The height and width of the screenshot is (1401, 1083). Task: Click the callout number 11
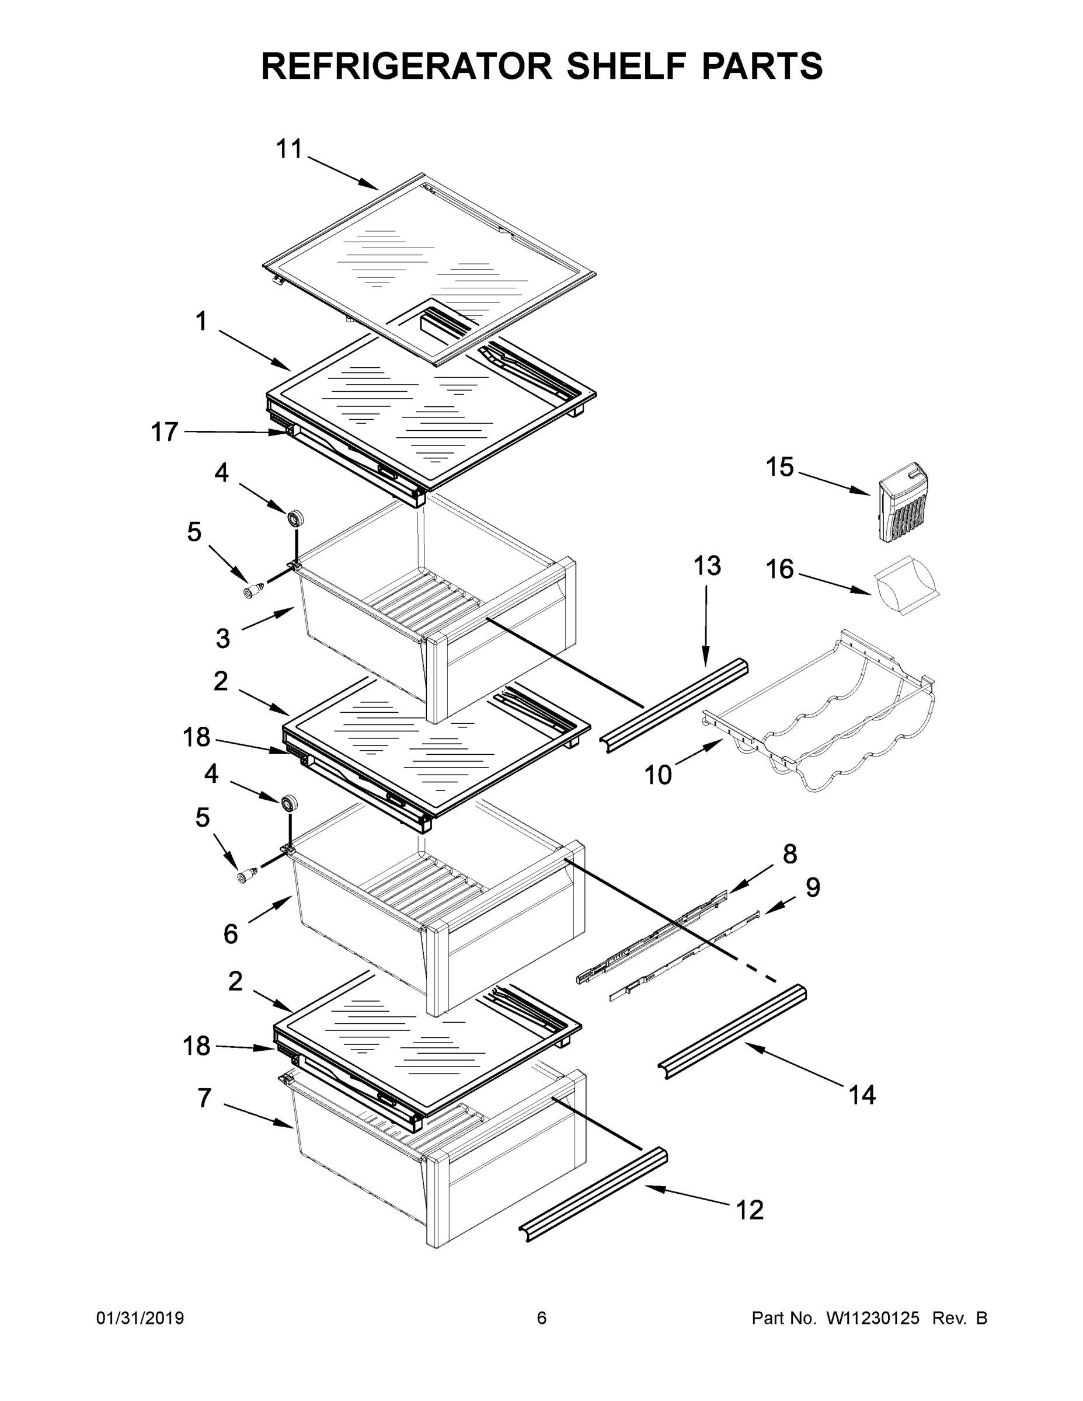coord(289,149)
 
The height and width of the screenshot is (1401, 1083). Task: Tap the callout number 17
coord(164,433)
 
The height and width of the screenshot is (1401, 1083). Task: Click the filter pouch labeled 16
coord(904,586)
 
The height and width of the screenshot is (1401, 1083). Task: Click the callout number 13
coord(707,566)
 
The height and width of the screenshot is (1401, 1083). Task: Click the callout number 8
coord(790,854)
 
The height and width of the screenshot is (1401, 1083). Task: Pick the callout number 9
coord(812,888)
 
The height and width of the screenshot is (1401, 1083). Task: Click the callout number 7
coord(204,1099)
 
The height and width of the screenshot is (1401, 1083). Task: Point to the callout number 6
coord(231,933)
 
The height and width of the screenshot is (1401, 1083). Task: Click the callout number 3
coord(222,638)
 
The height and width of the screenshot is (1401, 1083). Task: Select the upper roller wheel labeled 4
coord(296,518)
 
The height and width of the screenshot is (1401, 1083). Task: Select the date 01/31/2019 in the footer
coord(140,1318)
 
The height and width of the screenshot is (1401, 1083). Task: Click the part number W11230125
coord(873,1318)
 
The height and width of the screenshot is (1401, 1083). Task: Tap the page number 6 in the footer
coord(542,1318)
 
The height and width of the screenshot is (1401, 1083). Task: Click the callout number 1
coord(201,322)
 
